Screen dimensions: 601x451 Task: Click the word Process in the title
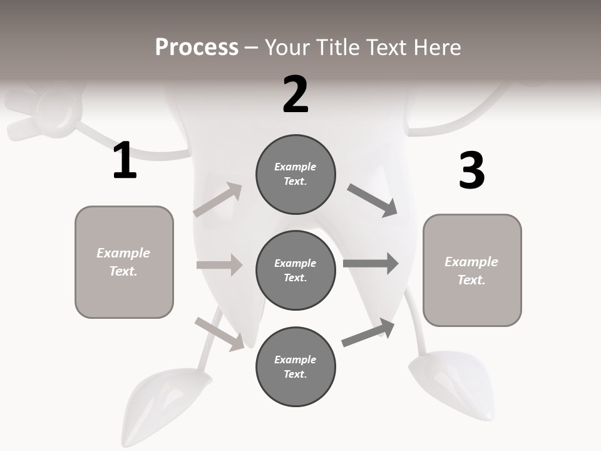pyautogui.click(x=197, y=47)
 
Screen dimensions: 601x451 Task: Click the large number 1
pyautogui.click(x=125, y=160)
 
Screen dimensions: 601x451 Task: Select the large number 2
pyautogui.click(x=295, y=95)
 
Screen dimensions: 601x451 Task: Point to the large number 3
pyautogui.click(x=471, y=170)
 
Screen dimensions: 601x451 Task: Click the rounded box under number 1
pyautogui.click(x=124, y=262)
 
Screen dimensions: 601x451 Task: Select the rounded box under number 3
pyautogui.click(x=472, y=271)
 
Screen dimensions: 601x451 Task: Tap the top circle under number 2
pyautogui.click(x=295, y=174)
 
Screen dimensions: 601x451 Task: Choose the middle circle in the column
pyautogui.click(x=295, y=270)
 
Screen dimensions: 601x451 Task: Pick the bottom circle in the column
pyautogui.click(x=295, y=366)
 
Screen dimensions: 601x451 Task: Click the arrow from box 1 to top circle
pyautogui.click(x=218, y=200)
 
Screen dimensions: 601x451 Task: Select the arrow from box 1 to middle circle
pyautogui.click(x=219, y=265)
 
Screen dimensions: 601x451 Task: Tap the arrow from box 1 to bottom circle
pyautogui.click(x=220, y=334)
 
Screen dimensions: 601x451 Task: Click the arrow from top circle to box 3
pyautogui.click(x=372, y=200)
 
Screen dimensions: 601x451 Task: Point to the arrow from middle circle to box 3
pyautogui.click(x=371, y=263)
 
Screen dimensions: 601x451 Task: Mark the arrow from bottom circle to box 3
pyautogui.click(x=369, y=333)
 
